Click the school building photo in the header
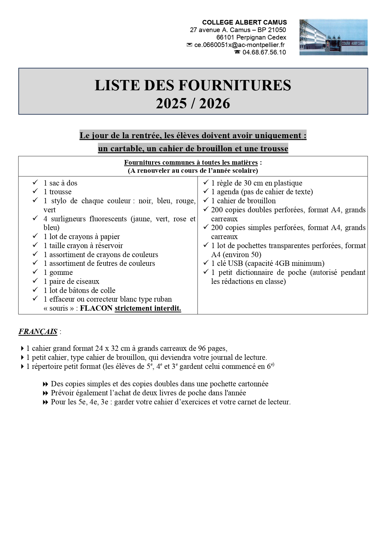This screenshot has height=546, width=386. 333,37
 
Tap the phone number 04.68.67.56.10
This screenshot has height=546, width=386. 264,52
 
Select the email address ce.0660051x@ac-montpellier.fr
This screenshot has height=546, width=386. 240,45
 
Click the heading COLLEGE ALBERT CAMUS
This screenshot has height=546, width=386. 244,22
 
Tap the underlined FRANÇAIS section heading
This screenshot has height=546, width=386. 38,332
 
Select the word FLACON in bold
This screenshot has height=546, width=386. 96,308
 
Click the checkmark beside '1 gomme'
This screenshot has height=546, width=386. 35,272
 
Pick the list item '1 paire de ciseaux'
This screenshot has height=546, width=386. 71,281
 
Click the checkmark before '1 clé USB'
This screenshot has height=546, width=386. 206,263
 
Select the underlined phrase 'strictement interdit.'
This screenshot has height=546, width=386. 148,308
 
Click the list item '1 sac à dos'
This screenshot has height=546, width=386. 60,183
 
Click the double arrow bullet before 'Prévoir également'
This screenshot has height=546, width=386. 45,393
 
